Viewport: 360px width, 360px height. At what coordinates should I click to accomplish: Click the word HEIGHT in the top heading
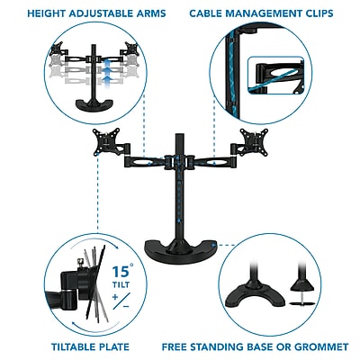(x=47, y=13)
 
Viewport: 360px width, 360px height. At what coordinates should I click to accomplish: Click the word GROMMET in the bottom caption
(x=321, y=346)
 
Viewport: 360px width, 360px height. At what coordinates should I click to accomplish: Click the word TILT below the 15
(x=121, y=284)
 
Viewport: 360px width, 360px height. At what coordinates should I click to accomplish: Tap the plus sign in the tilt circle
(x=115, y=297)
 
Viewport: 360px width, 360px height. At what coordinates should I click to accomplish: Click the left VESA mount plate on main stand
(x=106, y=141)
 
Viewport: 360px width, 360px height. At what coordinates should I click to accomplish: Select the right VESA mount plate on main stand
(x=254, y=141)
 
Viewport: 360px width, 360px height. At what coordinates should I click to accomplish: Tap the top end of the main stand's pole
(x=180, y=134)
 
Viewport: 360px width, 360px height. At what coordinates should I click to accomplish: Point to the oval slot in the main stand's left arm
(x=141, y=163)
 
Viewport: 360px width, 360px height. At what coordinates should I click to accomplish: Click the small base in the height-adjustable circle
(x=95, y=104)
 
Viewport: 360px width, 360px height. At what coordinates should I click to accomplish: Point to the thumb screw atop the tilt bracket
(x=80, y=262)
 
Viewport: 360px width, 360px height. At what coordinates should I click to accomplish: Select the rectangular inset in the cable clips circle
(x=276, y=76)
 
